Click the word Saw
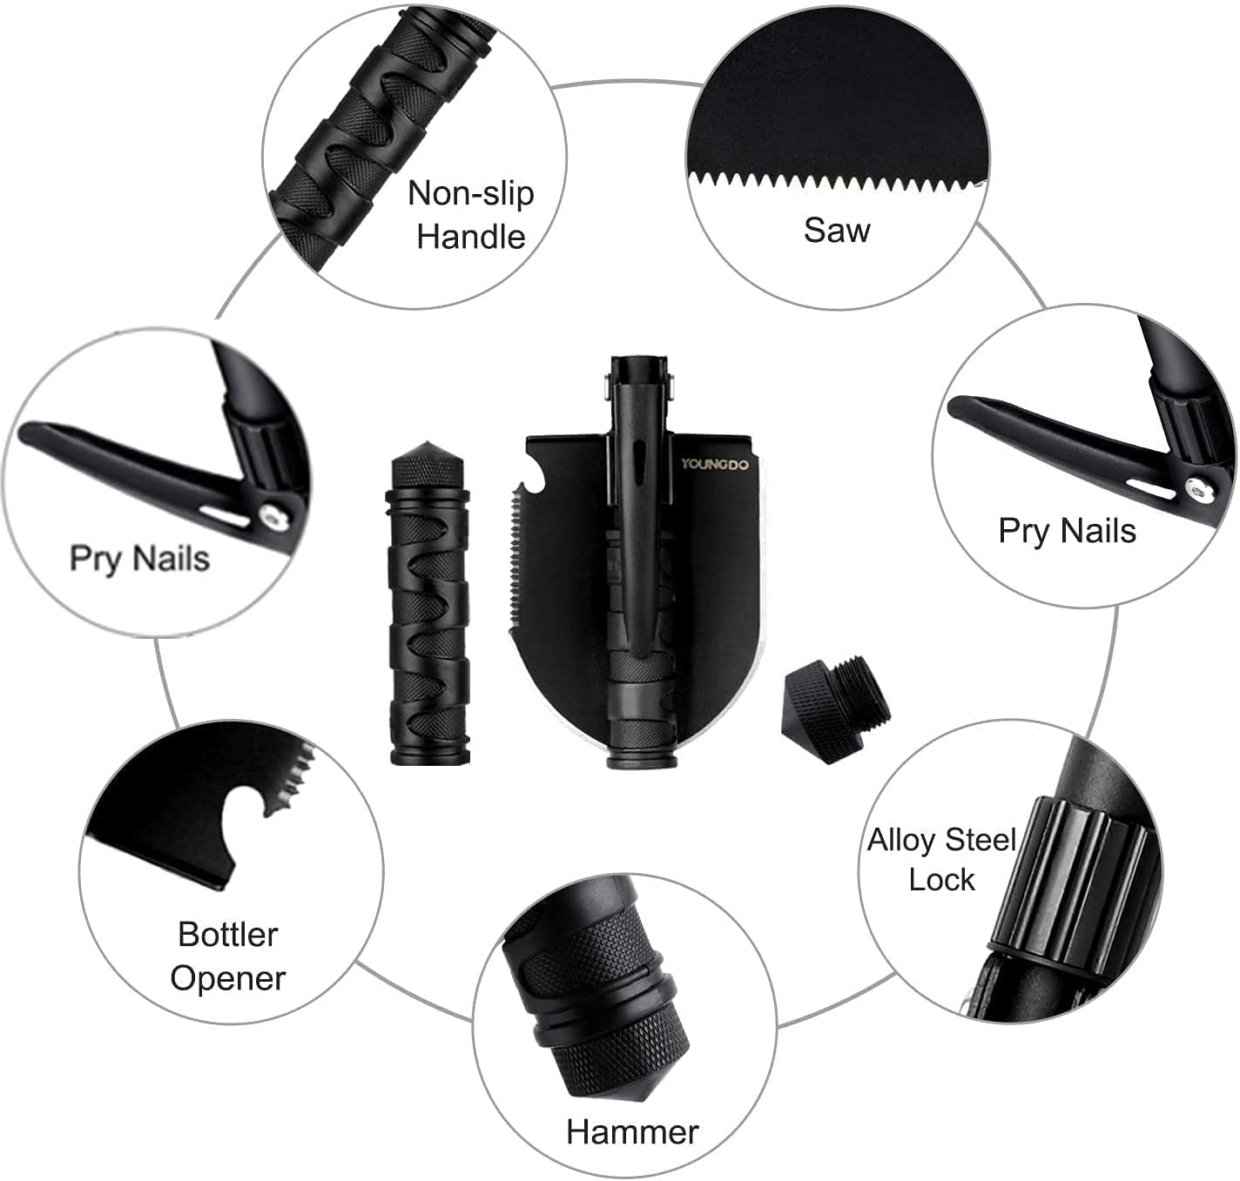[837, 231]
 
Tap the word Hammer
[632, 1131]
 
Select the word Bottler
[228, 934]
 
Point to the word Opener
[228, 978]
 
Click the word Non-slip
[471, 192]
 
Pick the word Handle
[471, 237]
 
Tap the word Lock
[941, 879]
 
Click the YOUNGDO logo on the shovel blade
[715, 464]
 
